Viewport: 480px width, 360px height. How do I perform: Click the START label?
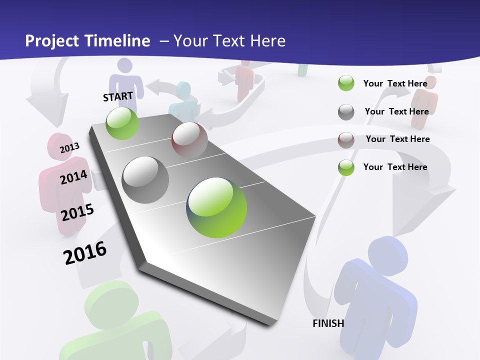click(x=118, y=96)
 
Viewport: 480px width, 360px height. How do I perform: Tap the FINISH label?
click(x=328, y=323)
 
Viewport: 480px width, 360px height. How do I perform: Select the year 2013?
click(x=69, y=147)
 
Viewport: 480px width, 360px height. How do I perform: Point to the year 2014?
click(x=73, y=177)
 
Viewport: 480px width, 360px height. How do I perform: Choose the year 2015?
click(x=77, y=212)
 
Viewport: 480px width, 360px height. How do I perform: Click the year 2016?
click(x=85, y=253)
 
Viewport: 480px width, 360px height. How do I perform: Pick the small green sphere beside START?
click(x=122, y=123)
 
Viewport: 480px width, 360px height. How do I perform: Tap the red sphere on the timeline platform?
click(x=189, y=140)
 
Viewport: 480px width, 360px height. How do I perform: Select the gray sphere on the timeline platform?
click(x=145, y=180)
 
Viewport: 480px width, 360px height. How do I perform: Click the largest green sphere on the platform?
click(x=216, y=207)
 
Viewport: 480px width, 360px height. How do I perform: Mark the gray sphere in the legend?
click(x=346, y=112)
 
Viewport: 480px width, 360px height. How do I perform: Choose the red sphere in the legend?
click(x=346, y=140)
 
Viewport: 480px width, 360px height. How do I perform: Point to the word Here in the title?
click(x=267, y=41)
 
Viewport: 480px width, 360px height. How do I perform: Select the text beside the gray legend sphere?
click(x=396, y=111)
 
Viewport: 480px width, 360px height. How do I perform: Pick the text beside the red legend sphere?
click(x=397, y=139)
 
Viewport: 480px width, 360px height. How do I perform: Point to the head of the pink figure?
click(x=60, y=146)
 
